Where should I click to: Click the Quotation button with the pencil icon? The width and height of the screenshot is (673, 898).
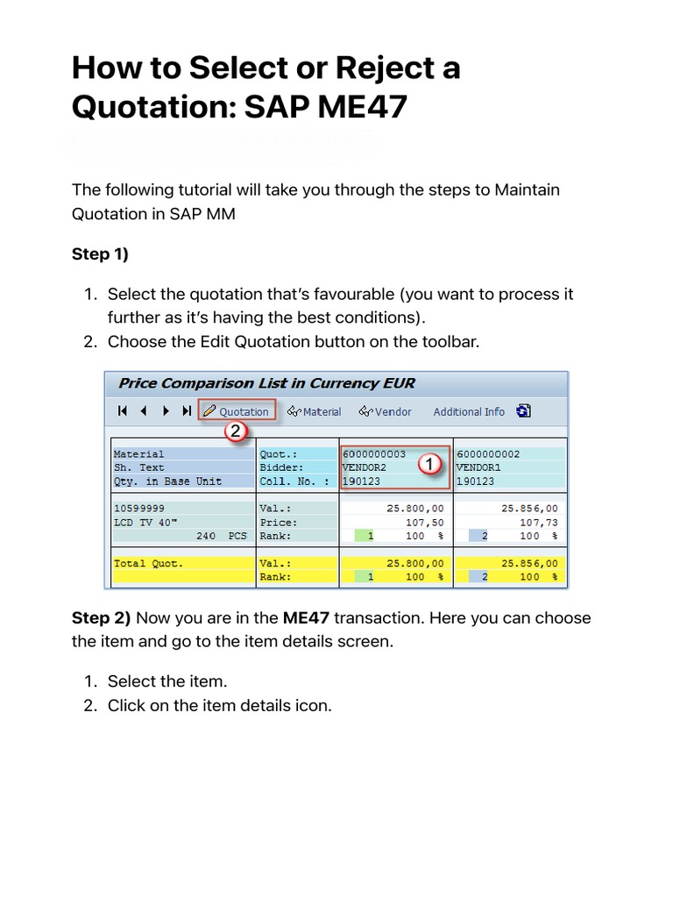pyautogui.click(x=237, y=411)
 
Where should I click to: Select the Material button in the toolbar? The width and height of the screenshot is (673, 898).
pyautogui.click(x=315, y=411)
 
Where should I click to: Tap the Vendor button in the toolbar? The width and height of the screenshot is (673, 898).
pyautogui.click(x=386, y=411)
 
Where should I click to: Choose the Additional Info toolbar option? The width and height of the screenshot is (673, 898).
pyautogui.click(x=469, y=411)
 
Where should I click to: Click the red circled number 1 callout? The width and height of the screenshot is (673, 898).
pyautogui.click(x=429, y=466)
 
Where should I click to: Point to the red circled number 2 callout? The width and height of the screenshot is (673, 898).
pyautogui.click(x=234, y=431)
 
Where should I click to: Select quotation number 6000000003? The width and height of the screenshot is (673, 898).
pyautogui.click(x=374, y=454)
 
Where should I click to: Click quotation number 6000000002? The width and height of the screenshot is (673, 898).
pyautogui.click(x=488, y=454)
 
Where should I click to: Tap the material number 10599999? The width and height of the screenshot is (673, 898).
pyautogui.click(x=139, y=508)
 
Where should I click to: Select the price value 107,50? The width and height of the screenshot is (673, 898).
pyautogui.click(x=424, y=522)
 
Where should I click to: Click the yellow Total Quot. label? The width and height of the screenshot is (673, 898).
pyautogui.click(x=149, y=563)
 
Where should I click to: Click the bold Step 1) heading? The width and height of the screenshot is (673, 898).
pyautogui.click(x=100, y=254)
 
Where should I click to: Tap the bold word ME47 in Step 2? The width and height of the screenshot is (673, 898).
pyautogui.click(x=306, y=618)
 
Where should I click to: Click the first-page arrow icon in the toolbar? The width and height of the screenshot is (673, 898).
pyautogui.click(x=123, y=411)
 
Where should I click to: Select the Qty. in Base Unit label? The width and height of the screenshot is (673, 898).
pyautogui.click(x=167, y=481)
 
